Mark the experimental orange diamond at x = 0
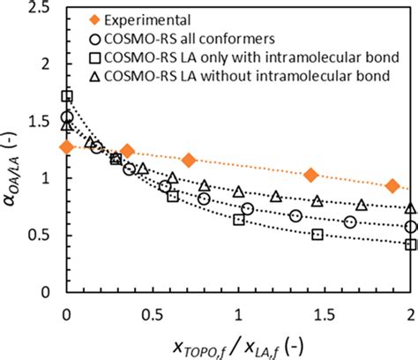point(66,146)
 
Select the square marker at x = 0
point(67,96)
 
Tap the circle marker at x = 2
point(411,227)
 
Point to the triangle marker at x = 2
point(411,208)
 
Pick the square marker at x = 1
point(239,219)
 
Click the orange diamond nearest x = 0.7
point(189,160)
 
